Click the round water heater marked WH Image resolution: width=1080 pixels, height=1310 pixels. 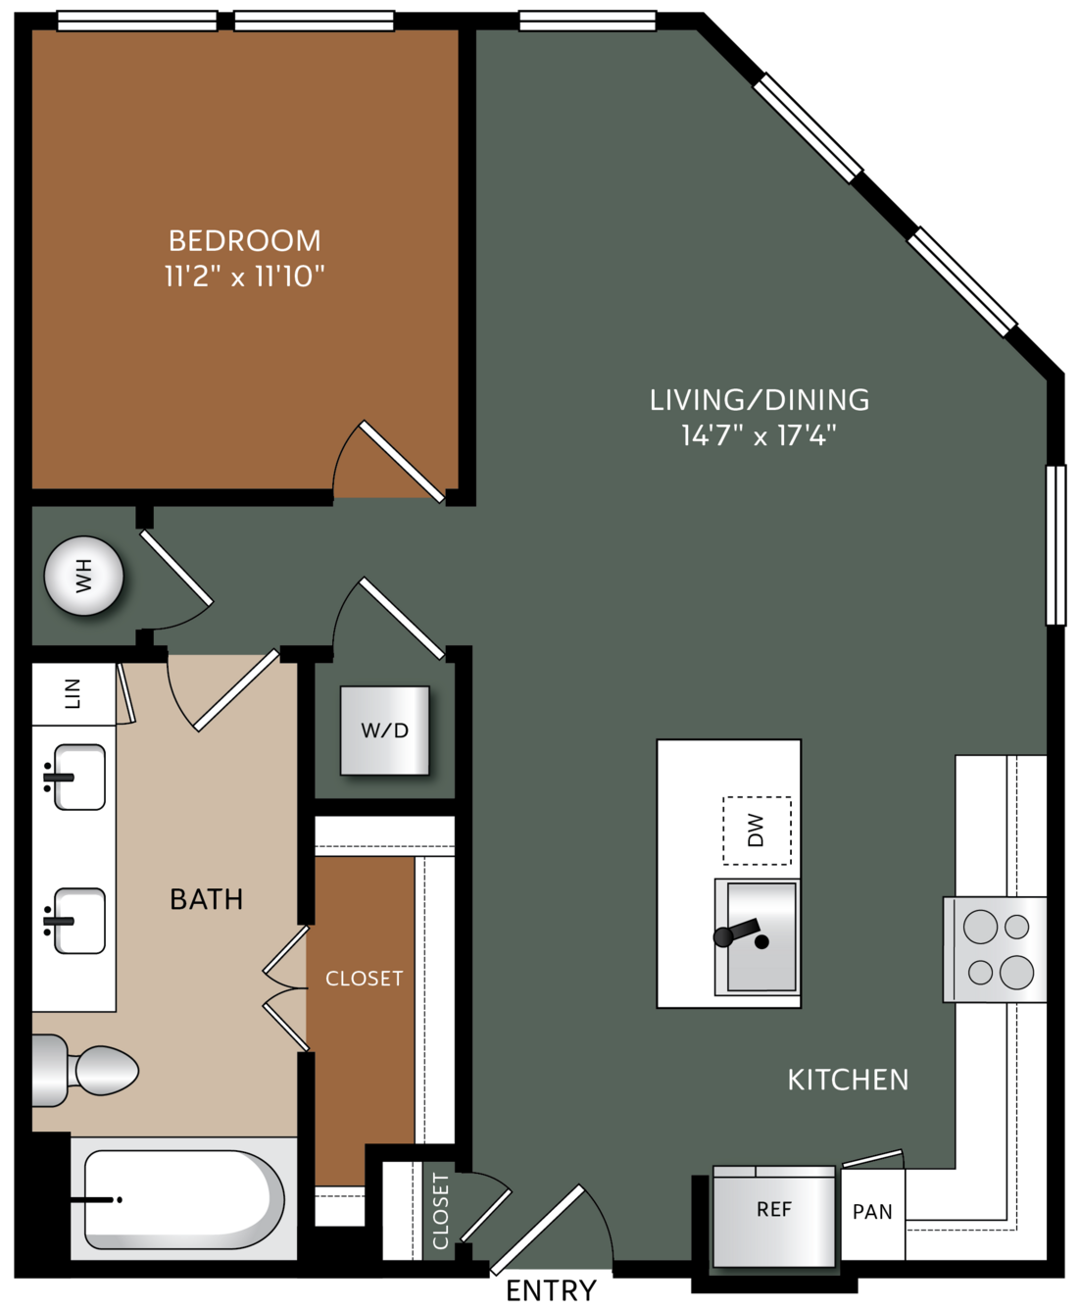tap(83, 576)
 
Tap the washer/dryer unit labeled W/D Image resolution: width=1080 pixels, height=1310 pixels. tap(384, 731)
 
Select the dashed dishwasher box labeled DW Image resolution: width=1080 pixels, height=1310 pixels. tap(757, 831)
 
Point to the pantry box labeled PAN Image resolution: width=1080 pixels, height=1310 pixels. tap(872, 1213)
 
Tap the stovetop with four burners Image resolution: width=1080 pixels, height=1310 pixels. tap(995, 949)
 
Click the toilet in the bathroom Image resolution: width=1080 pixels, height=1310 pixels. tap(84, 1071)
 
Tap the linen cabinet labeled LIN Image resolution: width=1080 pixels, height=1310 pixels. tap(74, 693)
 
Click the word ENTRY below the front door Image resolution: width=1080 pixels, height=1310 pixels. tap(552, 1291)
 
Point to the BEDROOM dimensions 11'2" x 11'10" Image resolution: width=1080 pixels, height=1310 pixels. tap(245, 277)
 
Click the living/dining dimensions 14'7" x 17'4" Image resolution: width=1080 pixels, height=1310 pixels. tap(759, 434)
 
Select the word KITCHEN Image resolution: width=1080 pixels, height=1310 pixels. tap(848, 1080)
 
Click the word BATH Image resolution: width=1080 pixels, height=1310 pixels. tap(207, 899)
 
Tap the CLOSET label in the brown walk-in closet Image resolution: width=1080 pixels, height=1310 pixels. tap(364, 979)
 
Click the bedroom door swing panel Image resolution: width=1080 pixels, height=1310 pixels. tap(402, 461)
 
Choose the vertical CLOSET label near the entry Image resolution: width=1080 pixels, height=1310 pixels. tap(440, 1211)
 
